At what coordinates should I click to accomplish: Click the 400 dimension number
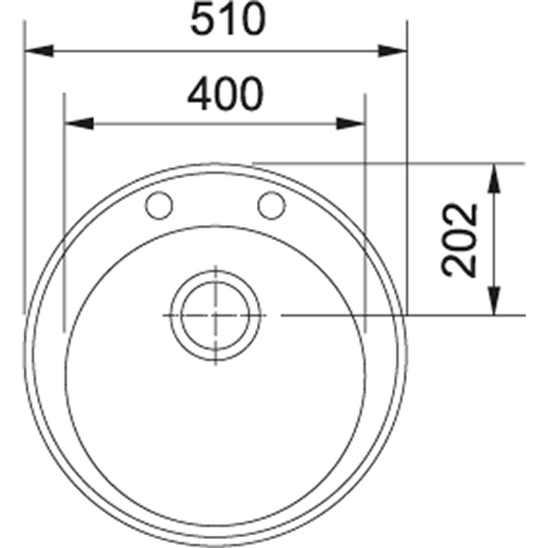225,95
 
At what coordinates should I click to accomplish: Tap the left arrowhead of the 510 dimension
38,50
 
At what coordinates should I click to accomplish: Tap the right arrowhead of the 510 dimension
393,50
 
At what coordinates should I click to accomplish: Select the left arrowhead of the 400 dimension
79,123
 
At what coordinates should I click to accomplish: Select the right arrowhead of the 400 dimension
350,123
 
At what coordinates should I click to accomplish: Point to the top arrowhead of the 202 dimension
494,178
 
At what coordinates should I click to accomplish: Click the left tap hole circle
159,205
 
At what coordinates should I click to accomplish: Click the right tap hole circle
271,205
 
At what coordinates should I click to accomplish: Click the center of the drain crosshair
215,315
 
